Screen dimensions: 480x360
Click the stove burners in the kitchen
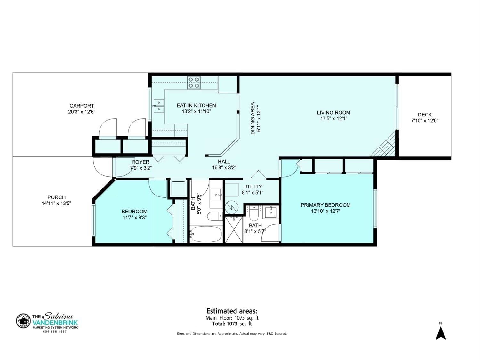coord(194,83)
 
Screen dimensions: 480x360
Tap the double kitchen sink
coord(158,106)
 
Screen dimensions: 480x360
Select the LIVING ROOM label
coord(333,113)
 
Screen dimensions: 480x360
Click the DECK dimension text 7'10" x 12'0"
coord(425,120)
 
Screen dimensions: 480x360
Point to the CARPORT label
coord(82,106)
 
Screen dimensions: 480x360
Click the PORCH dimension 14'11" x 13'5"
coord(56,203)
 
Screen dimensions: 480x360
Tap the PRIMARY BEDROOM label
coord(326,205)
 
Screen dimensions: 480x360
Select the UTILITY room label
coord(252,187)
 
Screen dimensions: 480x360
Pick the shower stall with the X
coord(234,229)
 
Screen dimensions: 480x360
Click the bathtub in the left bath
coord(206,234)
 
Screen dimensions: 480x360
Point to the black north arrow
coord(441,333)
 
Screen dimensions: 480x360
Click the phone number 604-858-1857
coord(55,332)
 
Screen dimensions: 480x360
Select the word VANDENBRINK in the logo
coord(55,323)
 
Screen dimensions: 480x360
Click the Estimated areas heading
coord(232,311)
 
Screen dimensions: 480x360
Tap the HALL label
coord(224,162)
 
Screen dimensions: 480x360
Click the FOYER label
coord(141,162)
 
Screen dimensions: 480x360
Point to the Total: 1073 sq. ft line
coord(232,324)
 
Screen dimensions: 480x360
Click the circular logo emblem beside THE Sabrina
coord(23,321)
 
